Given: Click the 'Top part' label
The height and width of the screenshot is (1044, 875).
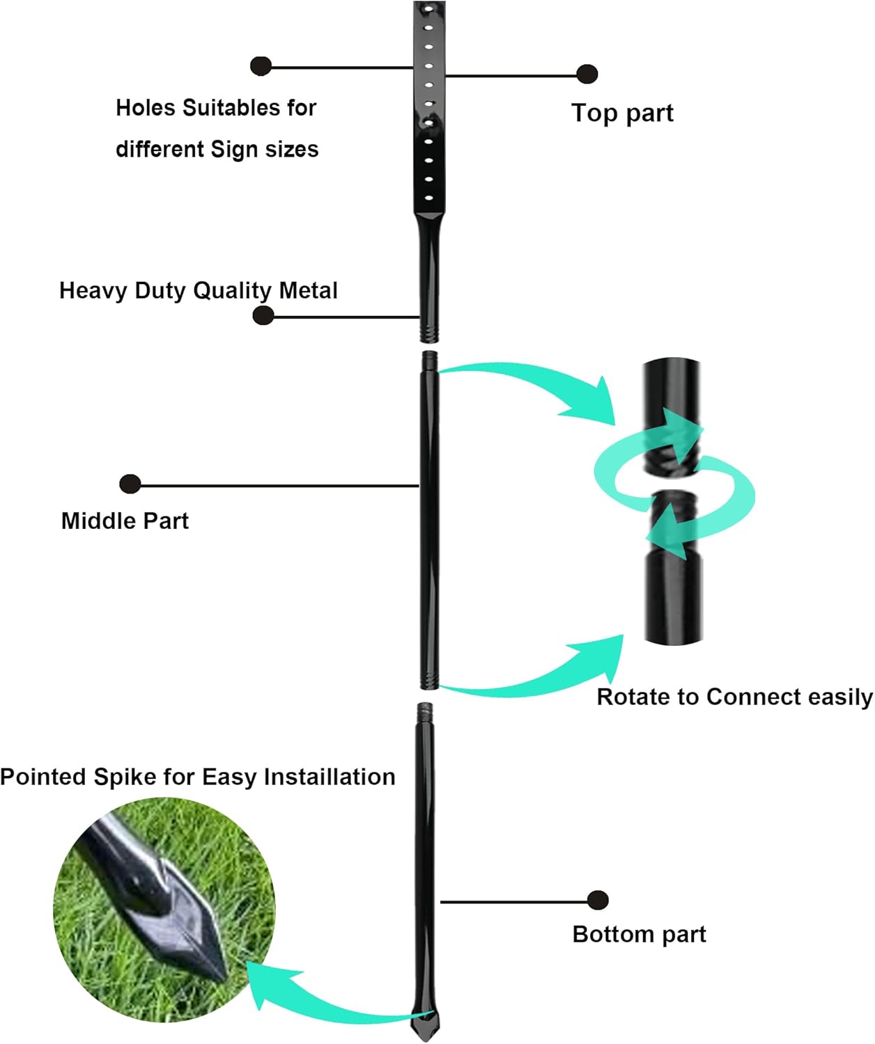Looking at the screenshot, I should click(x=622, y=113).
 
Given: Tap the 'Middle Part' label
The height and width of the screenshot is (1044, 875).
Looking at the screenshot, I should click(x=125, y=521).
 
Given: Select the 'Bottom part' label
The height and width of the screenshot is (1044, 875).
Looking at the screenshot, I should click(x=639, y=934).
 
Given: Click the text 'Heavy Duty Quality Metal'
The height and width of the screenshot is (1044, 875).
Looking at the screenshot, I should click(x=199, y=290).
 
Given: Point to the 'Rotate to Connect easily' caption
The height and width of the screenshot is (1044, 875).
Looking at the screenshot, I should click(x=734, y=697).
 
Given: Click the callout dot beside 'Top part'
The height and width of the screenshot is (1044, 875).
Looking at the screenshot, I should click(x=587, y=74).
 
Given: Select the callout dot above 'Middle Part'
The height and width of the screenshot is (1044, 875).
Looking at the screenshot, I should click(x=130, y=484).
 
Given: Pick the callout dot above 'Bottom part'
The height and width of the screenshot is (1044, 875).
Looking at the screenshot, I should click(x=598, y=900).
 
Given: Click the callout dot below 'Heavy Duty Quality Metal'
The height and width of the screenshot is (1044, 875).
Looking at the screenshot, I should click(x=263, y=315).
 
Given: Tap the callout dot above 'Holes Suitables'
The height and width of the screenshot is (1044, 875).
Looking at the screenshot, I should click(x=261, y=66).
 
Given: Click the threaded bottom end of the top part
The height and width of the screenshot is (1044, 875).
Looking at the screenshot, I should click(x=429, y=330).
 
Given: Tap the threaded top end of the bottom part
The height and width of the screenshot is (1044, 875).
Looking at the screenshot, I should click(x=425, y=713).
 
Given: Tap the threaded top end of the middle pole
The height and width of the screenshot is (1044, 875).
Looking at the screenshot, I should click(x=430, y=361).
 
